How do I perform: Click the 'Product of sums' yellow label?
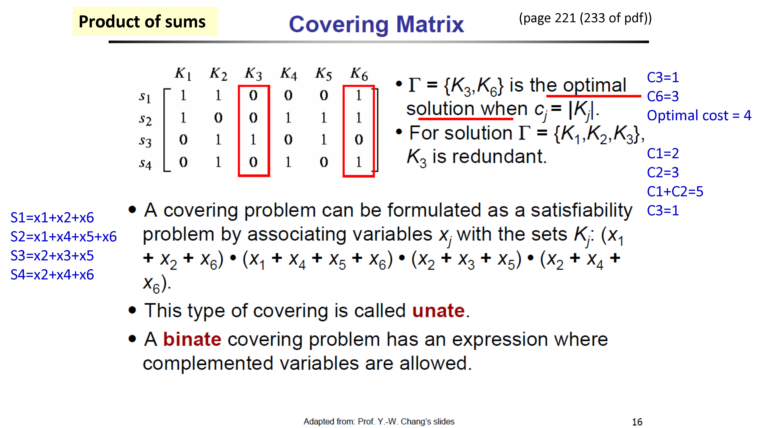coord(145,21)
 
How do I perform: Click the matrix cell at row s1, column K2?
coord(218,95)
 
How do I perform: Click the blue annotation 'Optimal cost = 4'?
coord(699,115)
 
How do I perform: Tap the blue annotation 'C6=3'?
coord(663,96)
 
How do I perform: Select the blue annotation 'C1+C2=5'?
coord(675,191)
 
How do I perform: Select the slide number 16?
coord(637,422)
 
